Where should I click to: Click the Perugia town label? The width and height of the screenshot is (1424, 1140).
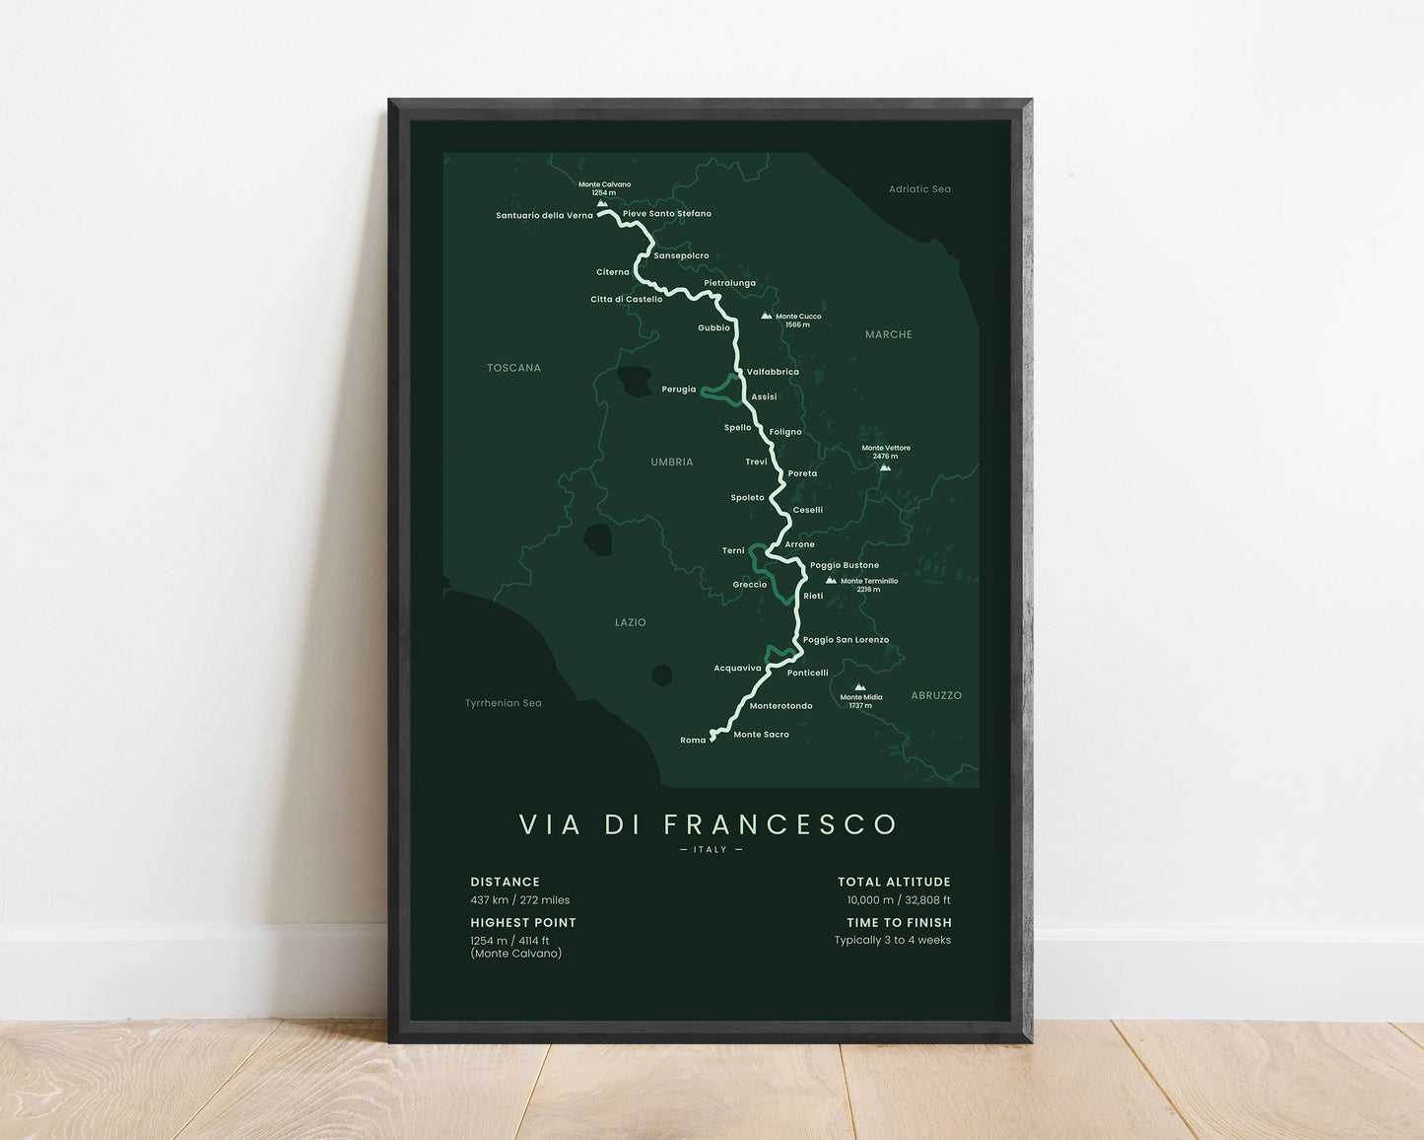(678, 390)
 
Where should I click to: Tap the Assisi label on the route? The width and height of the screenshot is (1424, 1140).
(764, 396)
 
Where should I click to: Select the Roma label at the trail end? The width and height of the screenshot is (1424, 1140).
(693, 740)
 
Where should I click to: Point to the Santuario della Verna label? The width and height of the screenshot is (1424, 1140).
(544, 215)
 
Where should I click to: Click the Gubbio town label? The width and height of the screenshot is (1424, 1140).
(713, 327)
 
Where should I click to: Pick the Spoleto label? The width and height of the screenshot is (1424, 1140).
(747, 497)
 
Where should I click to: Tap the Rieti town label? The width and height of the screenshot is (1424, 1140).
(813, 596)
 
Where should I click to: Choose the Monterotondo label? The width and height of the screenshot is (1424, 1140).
(780, 706)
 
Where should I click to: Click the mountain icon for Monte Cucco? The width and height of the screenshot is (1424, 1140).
(766, 316)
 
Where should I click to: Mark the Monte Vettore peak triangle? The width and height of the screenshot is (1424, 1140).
(885, 467)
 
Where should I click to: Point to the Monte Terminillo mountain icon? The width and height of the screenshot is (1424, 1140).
(831, 580)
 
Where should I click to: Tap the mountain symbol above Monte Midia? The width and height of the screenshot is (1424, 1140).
(859, 686)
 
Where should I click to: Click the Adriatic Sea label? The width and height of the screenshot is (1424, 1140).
(919, 189)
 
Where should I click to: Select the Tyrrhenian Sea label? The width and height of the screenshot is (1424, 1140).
(503, 703)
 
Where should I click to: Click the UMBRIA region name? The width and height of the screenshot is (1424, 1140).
(671, 462)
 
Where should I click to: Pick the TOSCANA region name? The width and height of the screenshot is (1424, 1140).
(513, 368)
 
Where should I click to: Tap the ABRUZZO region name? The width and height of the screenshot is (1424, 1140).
(935, 695)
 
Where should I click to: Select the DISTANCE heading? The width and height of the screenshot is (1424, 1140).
(505, 882)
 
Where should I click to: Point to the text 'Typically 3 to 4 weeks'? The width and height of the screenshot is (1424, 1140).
(892, 940)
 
